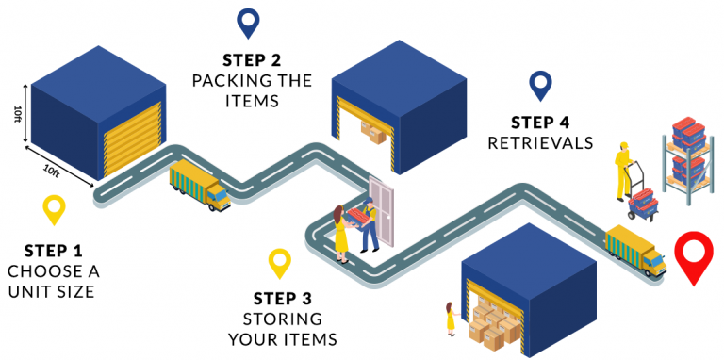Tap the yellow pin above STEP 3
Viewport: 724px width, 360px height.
[x=279, y=261]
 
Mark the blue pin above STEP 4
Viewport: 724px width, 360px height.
[x=540, y=85]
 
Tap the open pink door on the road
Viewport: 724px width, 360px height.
[x=381, y=212]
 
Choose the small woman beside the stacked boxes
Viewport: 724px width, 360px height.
[x=451, y=319]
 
